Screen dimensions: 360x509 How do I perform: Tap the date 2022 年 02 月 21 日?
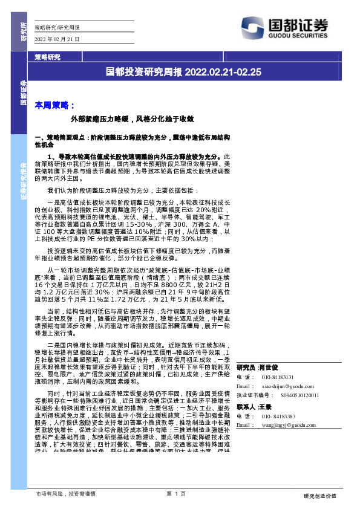(x=58, y=39)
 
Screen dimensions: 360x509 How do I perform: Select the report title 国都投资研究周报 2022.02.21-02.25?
(x=184, y=71)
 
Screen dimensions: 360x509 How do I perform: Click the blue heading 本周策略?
(x=55, y=105)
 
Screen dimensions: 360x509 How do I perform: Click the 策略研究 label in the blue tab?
(x=47, y=57)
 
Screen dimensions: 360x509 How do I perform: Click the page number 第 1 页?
(x=175, y=494)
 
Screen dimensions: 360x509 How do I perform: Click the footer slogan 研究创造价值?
(x=319, y=496)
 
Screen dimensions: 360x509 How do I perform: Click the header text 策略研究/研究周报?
(x=57, y=28)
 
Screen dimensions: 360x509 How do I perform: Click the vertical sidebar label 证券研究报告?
(x=24, y=181)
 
